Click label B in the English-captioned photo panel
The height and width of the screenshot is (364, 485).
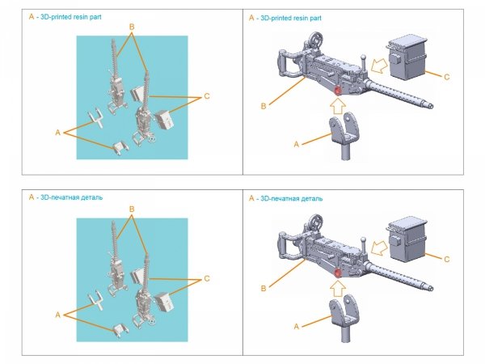coord(131,27)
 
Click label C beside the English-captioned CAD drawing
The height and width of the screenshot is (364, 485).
coord(448,78)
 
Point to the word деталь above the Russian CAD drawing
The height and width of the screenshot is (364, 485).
coord(310,197)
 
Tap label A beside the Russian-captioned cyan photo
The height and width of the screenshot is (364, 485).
coord(57,312)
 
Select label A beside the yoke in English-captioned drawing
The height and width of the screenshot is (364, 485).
coord(296,142)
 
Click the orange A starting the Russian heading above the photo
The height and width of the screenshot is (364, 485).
coord(31,197)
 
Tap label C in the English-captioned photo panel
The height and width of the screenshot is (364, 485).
coord(207,97)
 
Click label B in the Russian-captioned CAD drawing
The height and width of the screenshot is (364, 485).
coord(263,287)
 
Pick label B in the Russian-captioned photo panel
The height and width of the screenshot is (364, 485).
coord(131,209)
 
